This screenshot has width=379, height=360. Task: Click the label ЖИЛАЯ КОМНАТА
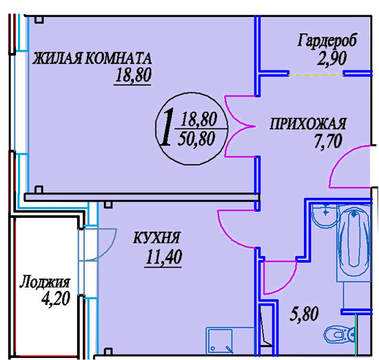click(x=92, y=59)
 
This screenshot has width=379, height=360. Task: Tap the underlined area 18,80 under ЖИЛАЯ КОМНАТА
click(x=133, y=74)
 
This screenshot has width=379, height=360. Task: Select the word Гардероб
click(x=327, y=40)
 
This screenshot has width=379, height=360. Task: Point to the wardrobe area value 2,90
click(x=331, y=59)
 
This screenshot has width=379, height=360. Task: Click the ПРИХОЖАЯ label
click(x=308, y=123)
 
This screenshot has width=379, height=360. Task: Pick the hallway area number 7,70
click(x=328, y=141)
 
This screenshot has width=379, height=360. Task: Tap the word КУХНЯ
click(x=156, y=237)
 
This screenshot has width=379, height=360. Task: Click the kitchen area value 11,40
click(x=164, y=257)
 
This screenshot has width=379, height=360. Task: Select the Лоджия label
click(x=45, y=282)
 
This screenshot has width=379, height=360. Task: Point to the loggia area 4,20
click(x=56, y=299)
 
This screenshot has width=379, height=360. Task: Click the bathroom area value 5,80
click(x=304, y=314)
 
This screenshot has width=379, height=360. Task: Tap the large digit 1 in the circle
click(x=166, y=127)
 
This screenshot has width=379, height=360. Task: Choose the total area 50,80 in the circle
click(x=196, y=139)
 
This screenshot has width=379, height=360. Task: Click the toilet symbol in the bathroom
click(x=339, y=334)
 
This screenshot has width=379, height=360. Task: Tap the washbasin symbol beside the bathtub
click(x=325, y=216)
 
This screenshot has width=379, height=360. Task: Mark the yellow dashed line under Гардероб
click(x=316, y=75)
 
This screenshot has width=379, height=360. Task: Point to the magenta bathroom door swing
click(x=280, y=278)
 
